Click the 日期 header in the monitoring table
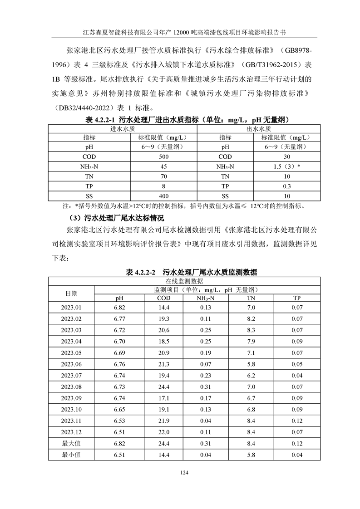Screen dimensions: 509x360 point(71,293)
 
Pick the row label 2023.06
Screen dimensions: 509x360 point(71,363)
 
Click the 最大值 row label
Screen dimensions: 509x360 point(71,443)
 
